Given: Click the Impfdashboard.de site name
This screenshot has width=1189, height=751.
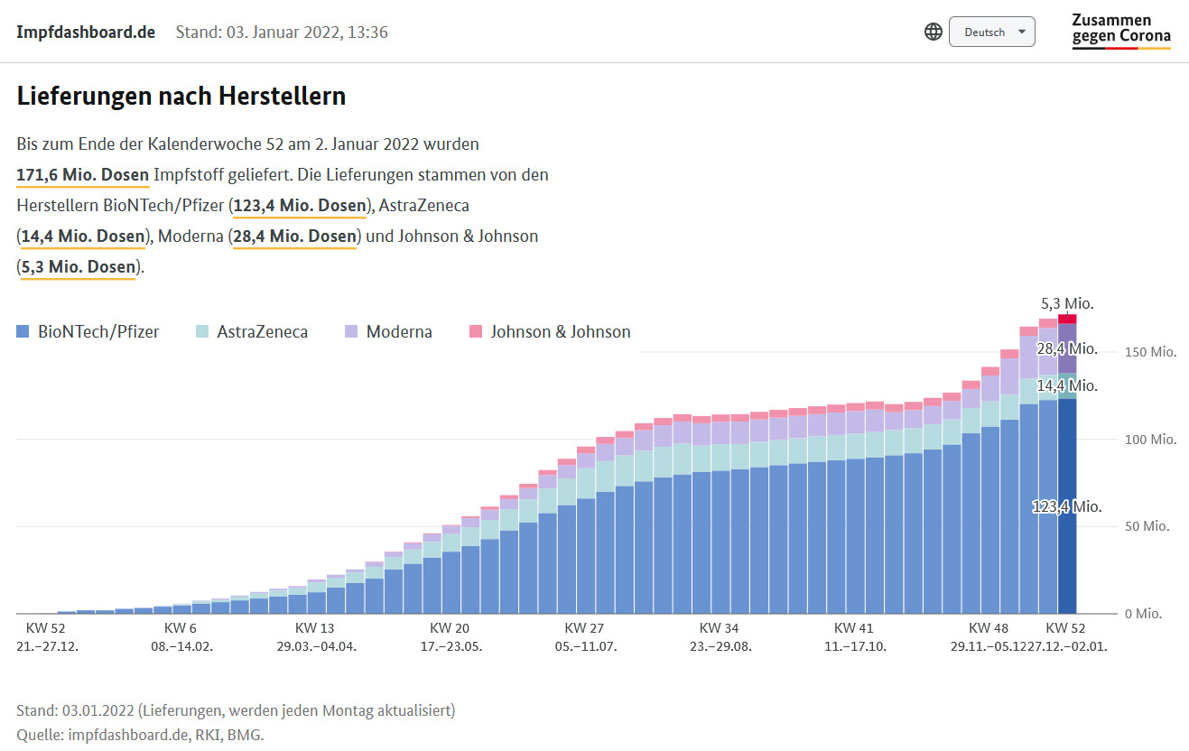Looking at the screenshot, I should (x=86, y=32).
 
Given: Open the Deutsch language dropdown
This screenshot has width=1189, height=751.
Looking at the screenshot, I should (x=991, y=32).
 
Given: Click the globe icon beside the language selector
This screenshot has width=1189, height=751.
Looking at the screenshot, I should (x=934, y=32).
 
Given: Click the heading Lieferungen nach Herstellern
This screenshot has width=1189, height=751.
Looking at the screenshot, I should (x=181, y=96).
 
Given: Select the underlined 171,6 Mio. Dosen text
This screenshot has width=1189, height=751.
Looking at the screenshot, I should (x=83, y=174).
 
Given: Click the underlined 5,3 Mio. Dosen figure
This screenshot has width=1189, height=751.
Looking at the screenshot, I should (x=79, y=266).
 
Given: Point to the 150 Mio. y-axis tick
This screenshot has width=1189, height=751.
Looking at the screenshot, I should (x=1150, y=352).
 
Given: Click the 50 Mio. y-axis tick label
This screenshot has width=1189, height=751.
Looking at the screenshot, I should (x=1147, y=526).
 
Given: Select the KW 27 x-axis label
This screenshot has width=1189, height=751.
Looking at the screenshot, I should (x=584, y=628).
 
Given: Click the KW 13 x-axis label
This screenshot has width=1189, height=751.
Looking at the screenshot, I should (x=315, y=628).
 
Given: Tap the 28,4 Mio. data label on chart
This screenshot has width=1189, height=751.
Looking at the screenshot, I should (x=1067, y=348).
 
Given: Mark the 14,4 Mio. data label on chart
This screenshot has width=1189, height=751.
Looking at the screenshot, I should (x=1067, y=385).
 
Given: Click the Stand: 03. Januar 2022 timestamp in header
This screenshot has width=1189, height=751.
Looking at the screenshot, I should (x=282, y=32).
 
